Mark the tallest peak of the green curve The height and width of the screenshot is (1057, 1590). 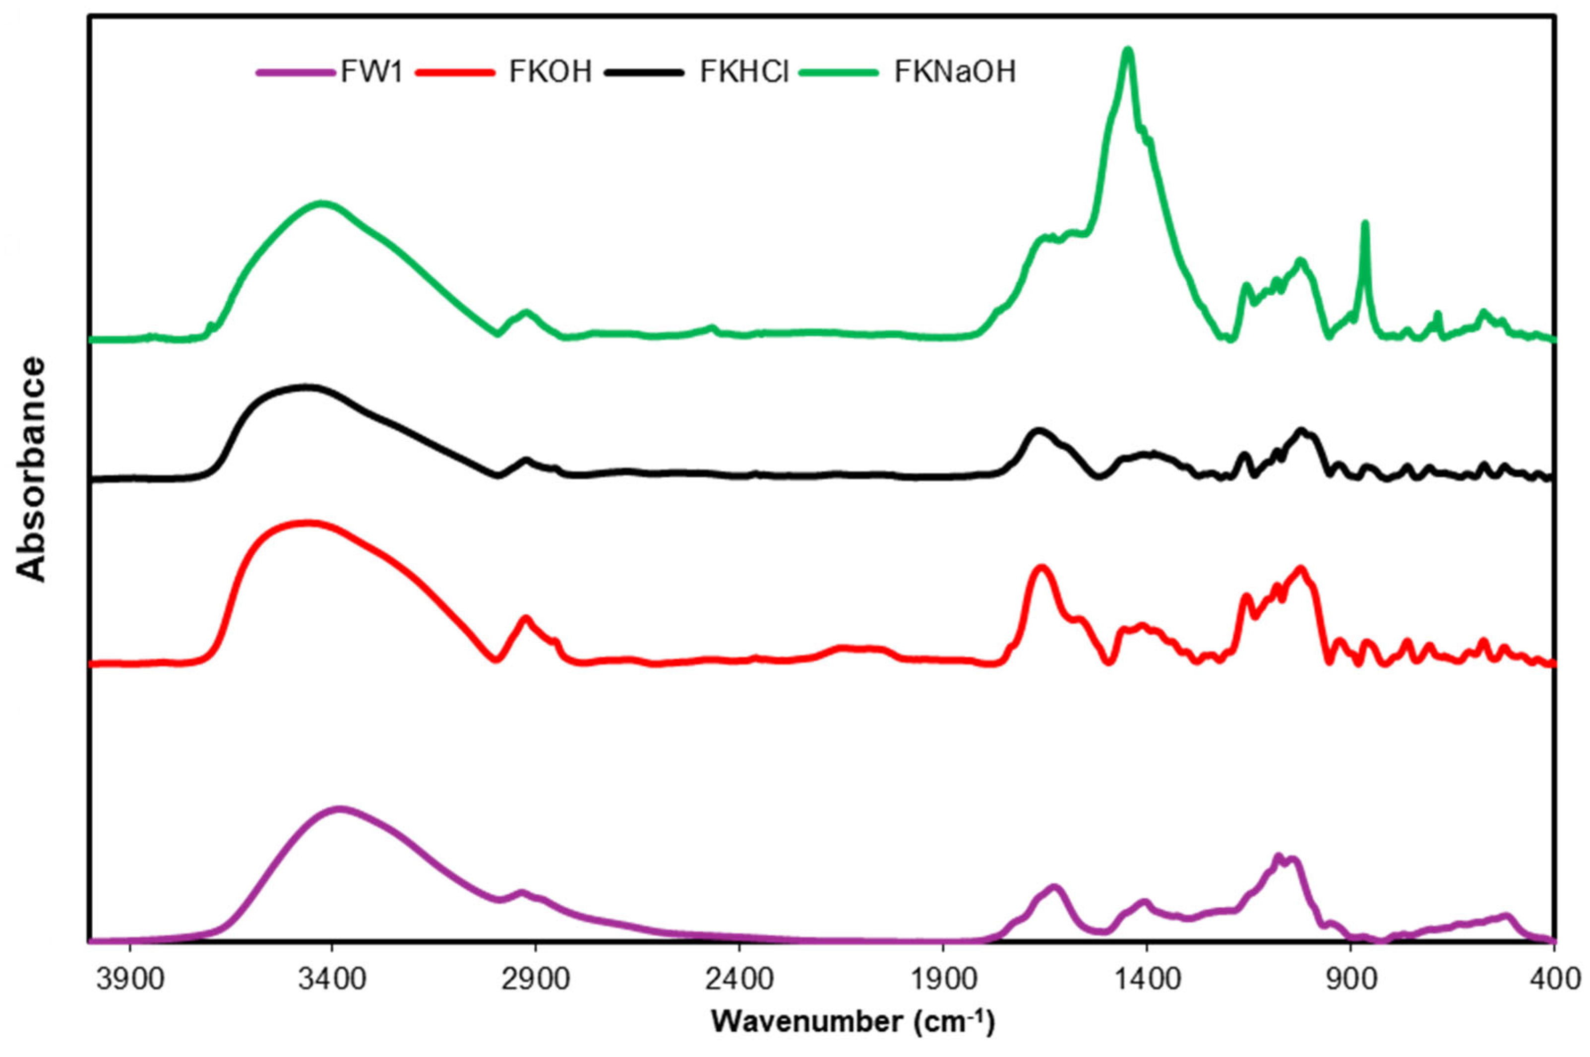(x=1127, y=51)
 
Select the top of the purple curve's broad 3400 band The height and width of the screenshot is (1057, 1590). (x=339, y=808)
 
